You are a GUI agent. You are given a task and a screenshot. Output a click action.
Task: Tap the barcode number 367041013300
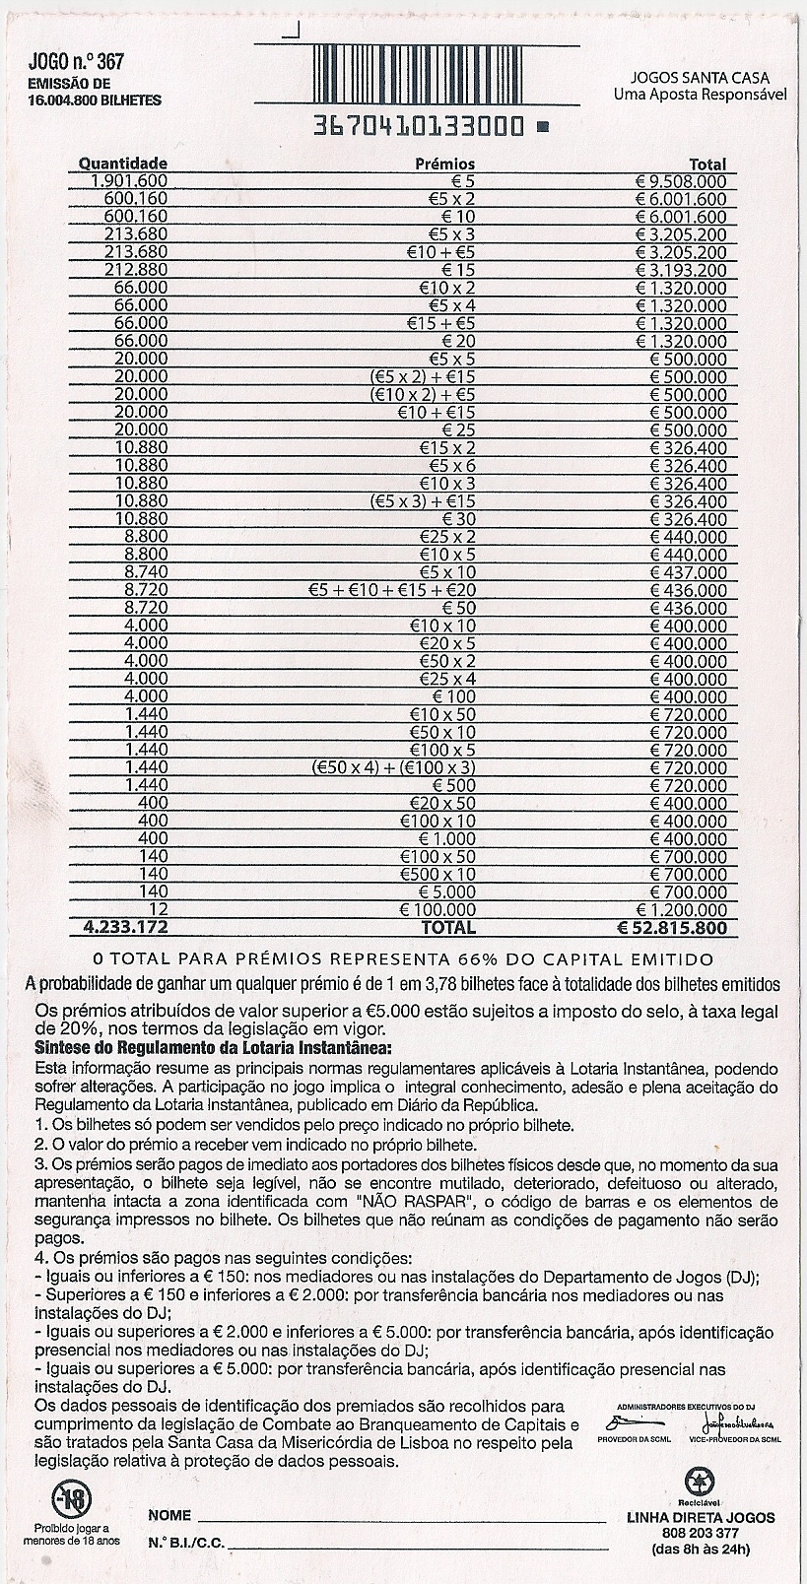[418, 127]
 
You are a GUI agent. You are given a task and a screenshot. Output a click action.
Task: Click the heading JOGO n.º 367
[77, 62]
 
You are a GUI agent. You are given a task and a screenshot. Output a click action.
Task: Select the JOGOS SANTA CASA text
[701, 78]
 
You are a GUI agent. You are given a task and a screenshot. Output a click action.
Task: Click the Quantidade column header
[123, 164]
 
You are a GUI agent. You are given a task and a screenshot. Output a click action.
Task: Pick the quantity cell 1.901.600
[129, 181]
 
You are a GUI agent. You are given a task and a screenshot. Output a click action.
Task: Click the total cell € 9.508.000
[681, 181]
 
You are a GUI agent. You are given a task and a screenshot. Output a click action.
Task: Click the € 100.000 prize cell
[437, 909]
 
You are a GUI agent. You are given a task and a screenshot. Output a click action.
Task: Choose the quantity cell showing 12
[157, 909]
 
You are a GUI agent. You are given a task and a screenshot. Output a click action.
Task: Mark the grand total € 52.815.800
[672, 928]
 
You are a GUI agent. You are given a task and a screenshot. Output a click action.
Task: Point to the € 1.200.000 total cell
[681, 909]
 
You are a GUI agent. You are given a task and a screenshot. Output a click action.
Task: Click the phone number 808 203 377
[701, 1534]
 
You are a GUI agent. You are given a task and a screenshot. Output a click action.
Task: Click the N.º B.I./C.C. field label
[186, 1542]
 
